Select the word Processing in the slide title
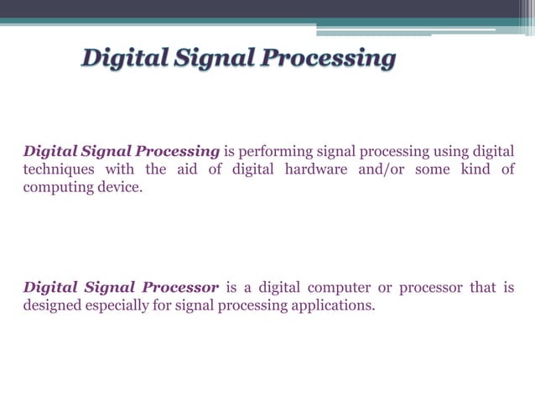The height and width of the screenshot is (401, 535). [328, 60]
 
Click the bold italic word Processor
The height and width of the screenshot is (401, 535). [182, 288]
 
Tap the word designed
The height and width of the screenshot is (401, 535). [52, 305]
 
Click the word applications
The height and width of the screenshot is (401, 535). [330, 305]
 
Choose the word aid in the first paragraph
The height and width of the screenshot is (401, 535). [184, 169]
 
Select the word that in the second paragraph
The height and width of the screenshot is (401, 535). [482, 288]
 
